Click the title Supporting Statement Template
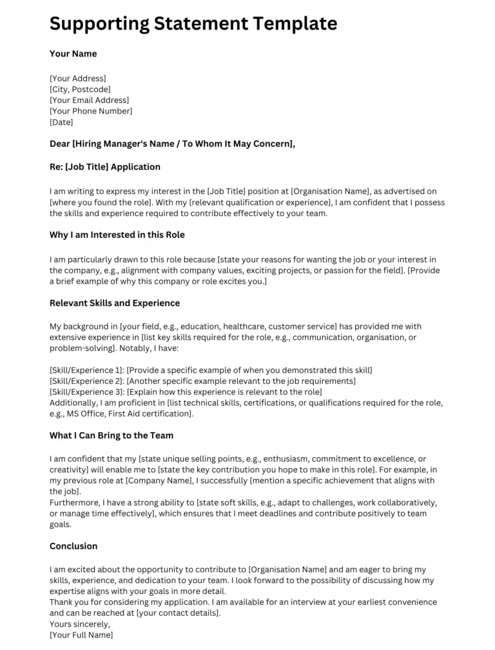coord(193,24)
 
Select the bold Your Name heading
coord(73,54)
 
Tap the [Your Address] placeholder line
coord(78,79)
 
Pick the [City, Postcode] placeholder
coord(80,90)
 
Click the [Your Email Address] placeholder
coord(89,101)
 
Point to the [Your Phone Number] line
coord(91,111)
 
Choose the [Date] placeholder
coord(61,122)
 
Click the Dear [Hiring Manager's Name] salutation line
coord(172,144)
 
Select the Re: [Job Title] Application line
coord(105,166)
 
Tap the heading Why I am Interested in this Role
coord(117,234)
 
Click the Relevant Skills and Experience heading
coord(115,302)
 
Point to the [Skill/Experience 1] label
coord(87,370)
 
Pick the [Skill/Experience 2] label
coord(87,381)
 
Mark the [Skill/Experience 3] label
coord(87,392)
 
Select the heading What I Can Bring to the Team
coord(112,435)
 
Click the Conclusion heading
coord(73,546)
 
